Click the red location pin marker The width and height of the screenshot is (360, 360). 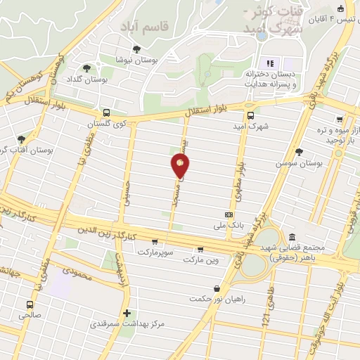tap(180, 165)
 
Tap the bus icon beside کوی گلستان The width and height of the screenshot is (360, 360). tap(106, 112)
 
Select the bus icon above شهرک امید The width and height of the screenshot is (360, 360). tap(250, 116)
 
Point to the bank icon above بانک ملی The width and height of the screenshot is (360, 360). tap(229, 214)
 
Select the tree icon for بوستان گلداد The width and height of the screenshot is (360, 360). tap(86, 68)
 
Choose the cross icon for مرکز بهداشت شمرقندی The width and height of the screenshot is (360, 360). tap(127, 313)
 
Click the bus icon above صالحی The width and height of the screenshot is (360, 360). tap(30, 304)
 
